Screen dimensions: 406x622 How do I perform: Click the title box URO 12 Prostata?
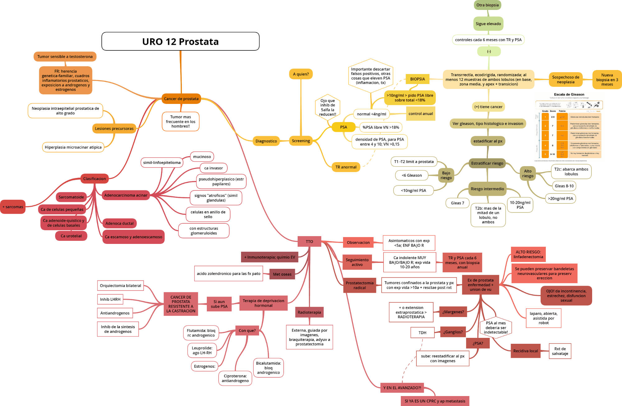pyautogui.click(x=180, y=41)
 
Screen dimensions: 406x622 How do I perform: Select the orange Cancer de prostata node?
pyautogui.click(x=181, y=99)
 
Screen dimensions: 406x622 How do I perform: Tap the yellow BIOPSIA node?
pyautogui.click(x=417, y=79)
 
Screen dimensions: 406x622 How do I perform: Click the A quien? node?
pyautogui.click(x=301, y=74)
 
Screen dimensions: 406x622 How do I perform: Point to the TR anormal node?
pyautogui.click(x=346, y=167)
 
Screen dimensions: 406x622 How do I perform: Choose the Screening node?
pyautogui.click(x=301, y=141)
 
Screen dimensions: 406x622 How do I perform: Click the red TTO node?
pyautogui.click(x=309, y=241)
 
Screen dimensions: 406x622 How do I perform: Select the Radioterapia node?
pyautogui.click(x=309, y=312)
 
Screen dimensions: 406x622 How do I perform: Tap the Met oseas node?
pyautogui.click(x=282, y=274)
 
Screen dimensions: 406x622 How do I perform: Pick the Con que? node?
pyautogui.click(x=247, y=330)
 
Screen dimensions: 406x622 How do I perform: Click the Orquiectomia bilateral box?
pyautogui.click(x=120, y=286)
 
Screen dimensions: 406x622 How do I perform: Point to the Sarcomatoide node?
pyautogui.click(x=71, y=197)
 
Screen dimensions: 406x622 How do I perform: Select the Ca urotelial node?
pyautogui.click(x=71, y=236)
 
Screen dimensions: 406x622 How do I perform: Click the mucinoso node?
pyautogui.click(x=202, y=156)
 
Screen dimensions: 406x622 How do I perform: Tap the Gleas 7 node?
pyautogui.click(x=457, y=203)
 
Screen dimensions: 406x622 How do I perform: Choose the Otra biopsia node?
pyautogui.click(x=487, y=5)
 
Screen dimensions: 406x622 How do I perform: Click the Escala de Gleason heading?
pyautogui.click(x=569, y=95)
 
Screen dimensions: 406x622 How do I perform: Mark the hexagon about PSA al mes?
pyautogui.click(x=496, y=327)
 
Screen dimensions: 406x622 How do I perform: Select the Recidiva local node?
pyautogui.click(x=525, y=351)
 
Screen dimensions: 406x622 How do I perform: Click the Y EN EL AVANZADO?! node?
pyautogui.click(x=402, y=388)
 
